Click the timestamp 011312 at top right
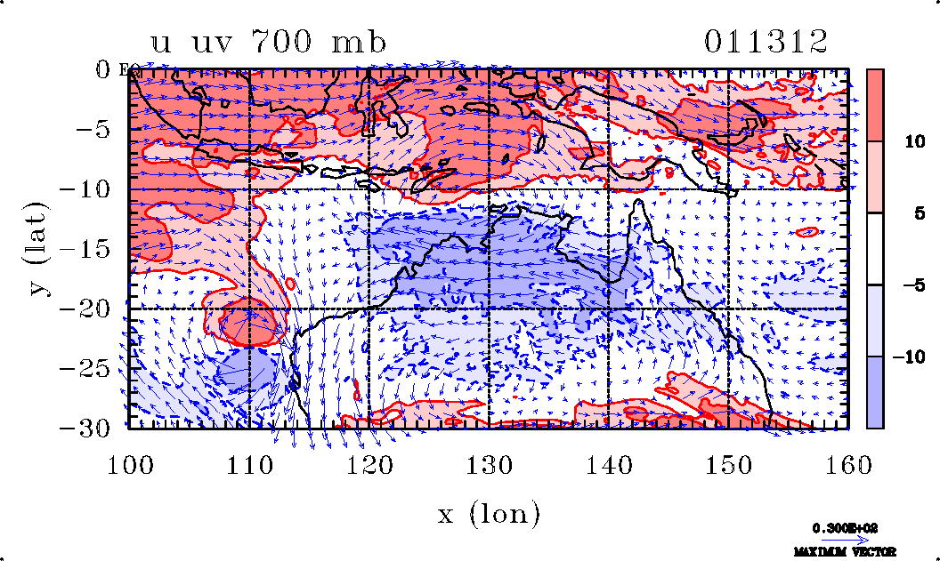766,42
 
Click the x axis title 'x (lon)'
489,514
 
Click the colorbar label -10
907,357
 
